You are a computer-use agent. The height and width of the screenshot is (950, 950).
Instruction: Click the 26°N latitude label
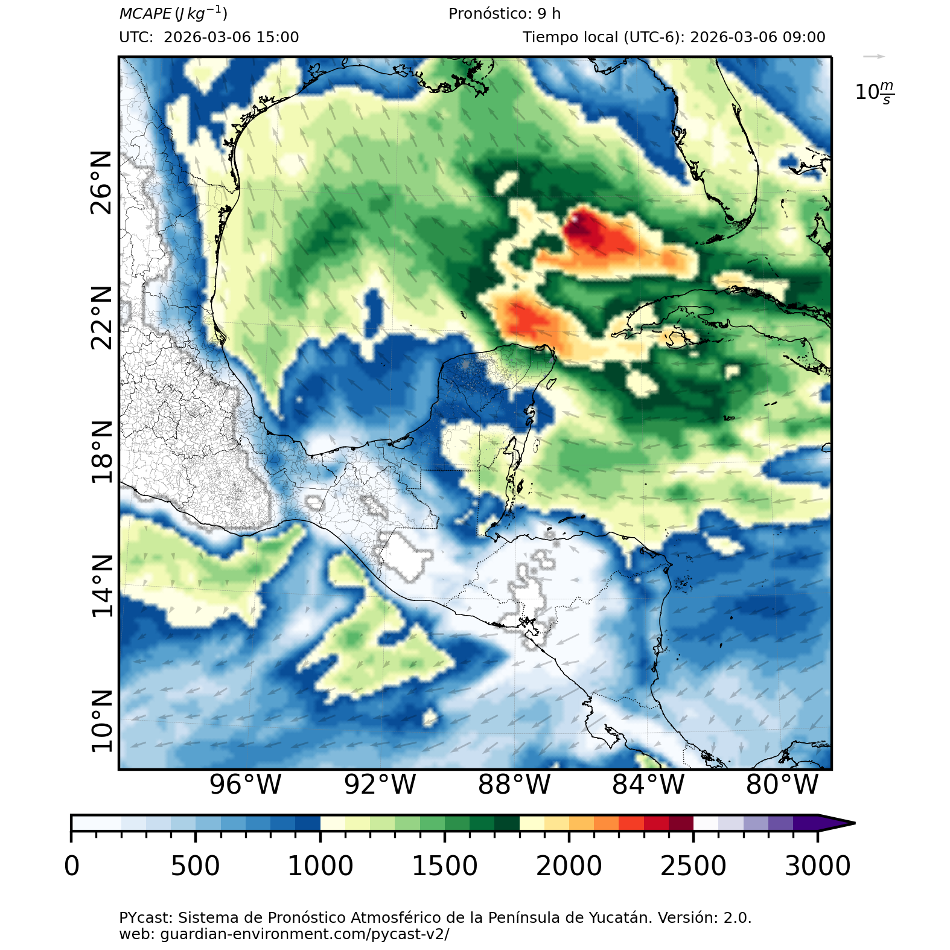[x=101, y=183]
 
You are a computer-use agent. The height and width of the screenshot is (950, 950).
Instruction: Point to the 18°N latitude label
[x=101, y=452]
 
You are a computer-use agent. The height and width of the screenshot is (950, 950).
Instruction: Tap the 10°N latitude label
[x=101, y=721]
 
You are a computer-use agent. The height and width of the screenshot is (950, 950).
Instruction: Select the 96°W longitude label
[x=245, y=785]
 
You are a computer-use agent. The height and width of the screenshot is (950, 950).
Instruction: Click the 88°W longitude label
[x=514, y=785]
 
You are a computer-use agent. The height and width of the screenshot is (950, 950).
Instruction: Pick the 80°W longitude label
[x=782, y=785]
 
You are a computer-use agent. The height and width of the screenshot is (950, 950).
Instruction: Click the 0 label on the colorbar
[x=72, y=866]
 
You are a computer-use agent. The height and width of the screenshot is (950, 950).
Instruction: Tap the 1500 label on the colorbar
[x=444, y=866]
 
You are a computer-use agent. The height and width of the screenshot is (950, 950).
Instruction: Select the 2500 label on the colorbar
[x=693, y=866]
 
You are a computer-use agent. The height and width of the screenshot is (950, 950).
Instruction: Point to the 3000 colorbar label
[x=817, y=866]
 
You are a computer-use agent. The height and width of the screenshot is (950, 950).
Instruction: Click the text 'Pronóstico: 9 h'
[x=505, y=14]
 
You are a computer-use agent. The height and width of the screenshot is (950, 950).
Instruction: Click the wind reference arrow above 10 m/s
[x=873, y=57]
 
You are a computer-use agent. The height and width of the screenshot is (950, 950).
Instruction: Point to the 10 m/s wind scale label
[x=875, y=92]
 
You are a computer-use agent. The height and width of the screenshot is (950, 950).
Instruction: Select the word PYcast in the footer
[x=145, y=918]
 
